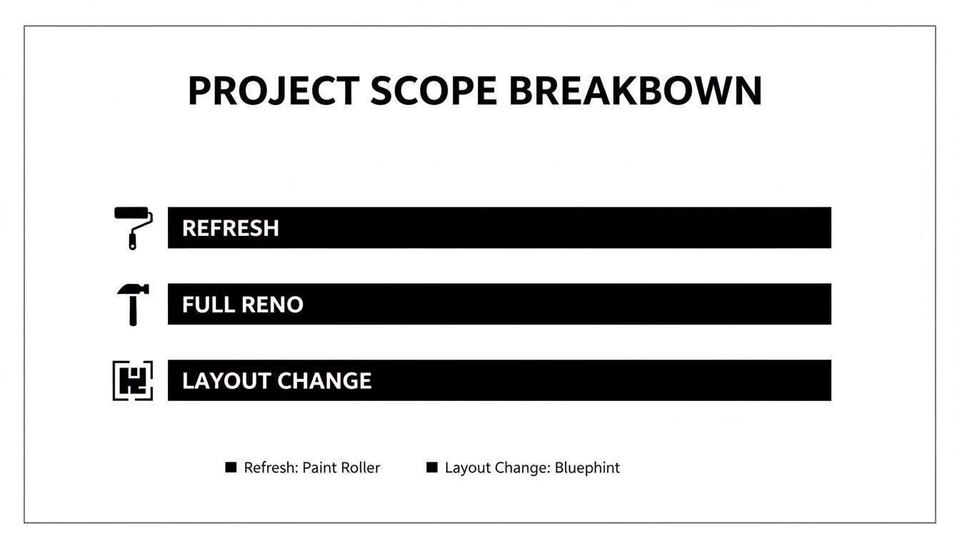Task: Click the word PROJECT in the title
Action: pyautogui.click(x=273, y=91)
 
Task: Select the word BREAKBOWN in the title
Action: pyautogui.click(x=635, y=91)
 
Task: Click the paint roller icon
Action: pyautogui.click(x=134, y=227)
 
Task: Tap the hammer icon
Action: pyautogui.click(x=133, y=304)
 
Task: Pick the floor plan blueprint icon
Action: pyautogui.click(x=133, y=380)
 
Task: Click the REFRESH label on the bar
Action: pyautogui.click(x=230, y=228)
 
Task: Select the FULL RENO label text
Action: pyautogui.click(x=242, y=305)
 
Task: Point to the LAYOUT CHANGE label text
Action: pyautogui.click(x=276, y=380)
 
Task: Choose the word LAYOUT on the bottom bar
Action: pyautogui.click(x=227, y=380)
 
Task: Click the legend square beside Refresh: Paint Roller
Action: pyautogui.click(x=231, y=468)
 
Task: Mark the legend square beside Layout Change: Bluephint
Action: pyautogui.click(x=431, y=468)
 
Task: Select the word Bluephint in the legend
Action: pyautogui.click(x=587, y=468)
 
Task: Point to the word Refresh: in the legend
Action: pyautogui.click(x=271, y=468)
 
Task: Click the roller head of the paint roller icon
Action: pyautogui.click(x=133, y=213)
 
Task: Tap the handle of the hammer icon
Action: pyautogui.click(x=134, y=311)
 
